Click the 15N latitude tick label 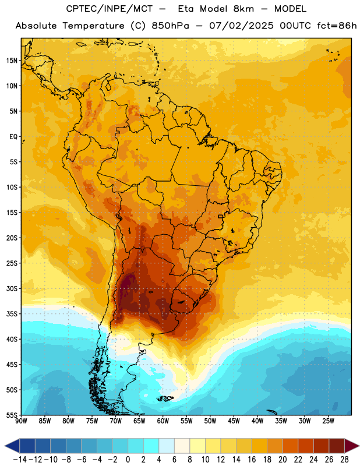[12, 61]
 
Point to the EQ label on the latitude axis [13, 137]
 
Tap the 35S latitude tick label [12, 314]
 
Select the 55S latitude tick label [12, 415]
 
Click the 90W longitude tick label [21, 421]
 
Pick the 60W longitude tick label [163, 421]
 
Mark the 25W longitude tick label [328, 421]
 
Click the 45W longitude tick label [234, 421]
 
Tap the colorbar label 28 [344, 460]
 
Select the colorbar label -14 [20, 460]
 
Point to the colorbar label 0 [128, 460]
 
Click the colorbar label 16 [252, 460]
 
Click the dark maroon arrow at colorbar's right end [352, 446]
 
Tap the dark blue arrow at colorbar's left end [12, 446]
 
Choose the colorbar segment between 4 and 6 [167, 446]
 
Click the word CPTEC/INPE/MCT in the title [109, 9]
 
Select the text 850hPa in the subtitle [170, 26]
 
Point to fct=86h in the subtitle [337, 26]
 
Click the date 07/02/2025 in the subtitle [241, 26]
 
